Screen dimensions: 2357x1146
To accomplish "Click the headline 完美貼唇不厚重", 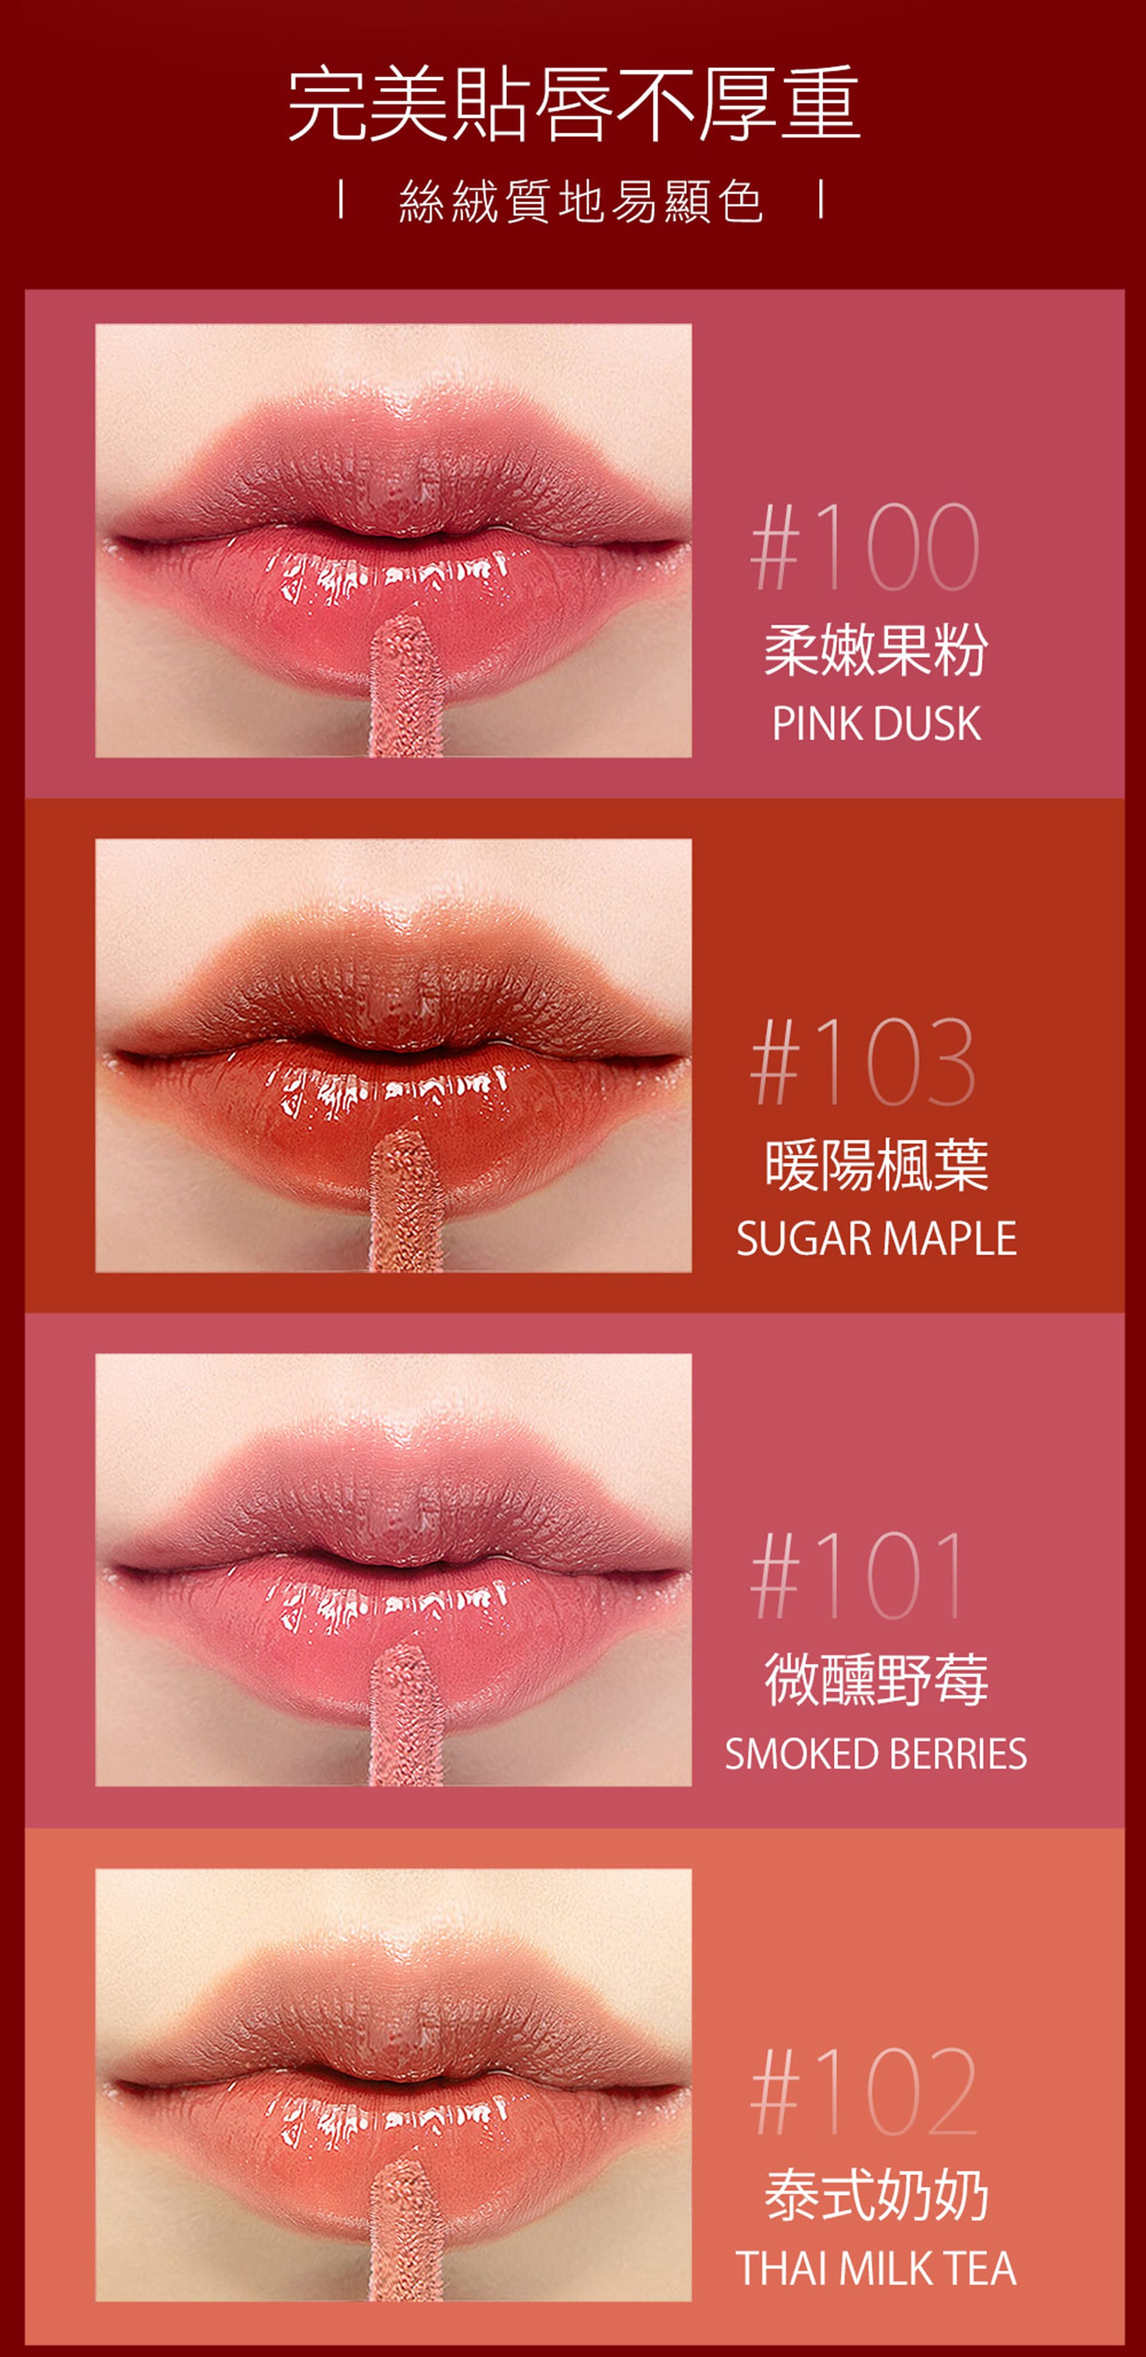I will [x=574, y=103].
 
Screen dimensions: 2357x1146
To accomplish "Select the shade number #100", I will [x=864, y=547].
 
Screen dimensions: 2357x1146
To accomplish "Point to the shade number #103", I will [x=862, y=1061].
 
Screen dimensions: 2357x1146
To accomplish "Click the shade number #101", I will [x=857, y=1576].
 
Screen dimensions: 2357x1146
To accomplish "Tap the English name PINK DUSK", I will [x=876, y=724].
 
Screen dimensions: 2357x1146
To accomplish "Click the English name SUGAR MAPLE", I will [x=876, y=1239].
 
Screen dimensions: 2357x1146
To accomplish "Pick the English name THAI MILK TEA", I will [x=876, y=2268].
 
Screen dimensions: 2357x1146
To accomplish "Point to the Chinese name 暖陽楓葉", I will [x=876, y=1166].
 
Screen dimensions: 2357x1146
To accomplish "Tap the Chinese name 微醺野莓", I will [x=876, y=1681].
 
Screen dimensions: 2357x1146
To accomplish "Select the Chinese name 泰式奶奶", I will [x=876, y=2196].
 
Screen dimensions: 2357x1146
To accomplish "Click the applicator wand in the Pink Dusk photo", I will [x=406, y=686].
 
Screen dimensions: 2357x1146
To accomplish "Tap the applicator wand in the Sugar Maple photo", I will [x=406, y=1201].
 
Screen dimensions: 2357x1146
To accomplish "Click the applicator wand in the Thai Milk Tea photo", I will [x=406, y=2231].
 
